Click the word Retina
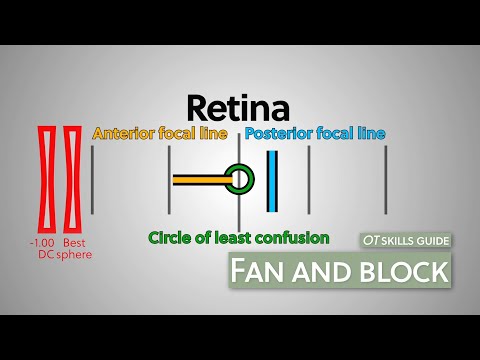click(239, 108)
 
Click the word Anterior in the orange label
click(122, 133)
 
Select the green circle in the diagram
click(239, 180)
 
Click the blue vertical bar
click(271, 181)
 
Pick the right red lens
click(72, 179)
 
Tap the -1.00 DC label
click(44, 249)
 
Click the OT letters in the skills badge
click(373, 241)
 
